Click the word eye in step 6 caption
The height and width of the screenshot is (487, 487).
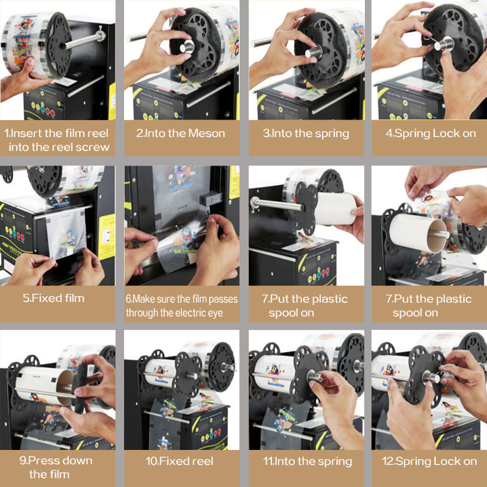pos(216,313)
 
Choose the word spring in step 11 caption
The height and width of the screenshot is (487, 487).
pos(335,462)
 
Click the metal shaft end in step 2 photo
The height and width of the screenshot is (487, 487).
pos(187,47)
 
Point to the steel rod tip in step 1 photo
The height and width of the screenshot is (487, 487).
pos(101,35)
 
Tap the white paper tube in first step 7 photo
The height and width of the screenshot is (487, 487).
pos(335,208)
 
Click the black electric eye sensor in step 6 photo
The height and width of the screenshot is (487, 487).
pos(212,198)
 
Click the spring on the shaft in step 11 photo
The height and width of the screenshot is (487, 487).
pos(315,376)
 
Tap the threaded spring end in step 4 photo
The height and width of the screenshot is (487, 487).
pos(444,44)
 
